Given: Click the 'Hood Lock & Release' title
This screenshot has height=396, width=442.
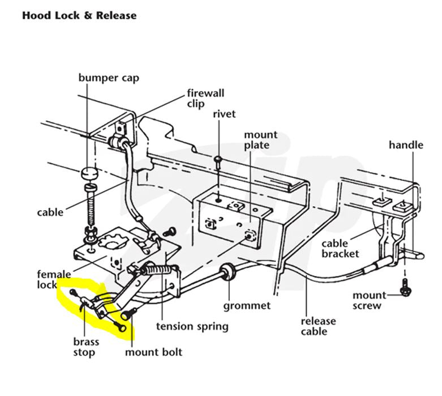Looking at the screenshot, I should pos(79,15).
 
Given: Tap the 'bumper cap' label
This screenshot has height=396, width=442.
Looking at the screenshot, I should pos(109,77).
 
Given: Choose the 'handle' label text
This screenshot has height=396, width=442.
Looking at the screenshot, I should pos(406,145).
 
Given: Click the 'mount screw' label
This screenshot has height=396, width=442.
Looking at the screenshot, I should pos(370,300).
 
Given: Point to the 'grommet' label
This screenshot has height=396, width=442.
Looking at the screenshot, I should pos(247,305).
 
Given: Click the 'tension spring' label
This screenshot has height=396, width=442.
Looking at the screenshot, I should pos(192,326).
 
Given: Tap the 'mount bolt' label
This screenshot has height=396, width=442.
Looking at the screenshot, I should pos(154,352).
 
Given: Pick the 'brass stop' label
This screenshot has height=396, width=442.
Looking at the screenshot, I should pos(85,347).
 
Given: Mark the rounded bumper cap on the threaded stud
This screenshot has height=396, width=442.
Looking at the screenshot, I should pos(88,172).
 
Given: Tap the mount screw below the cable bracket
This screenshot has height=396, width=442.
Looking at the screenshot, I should pos(405,287).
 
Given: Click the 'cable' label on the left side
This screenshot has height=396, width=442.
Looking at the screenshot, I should pos(50,212).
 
